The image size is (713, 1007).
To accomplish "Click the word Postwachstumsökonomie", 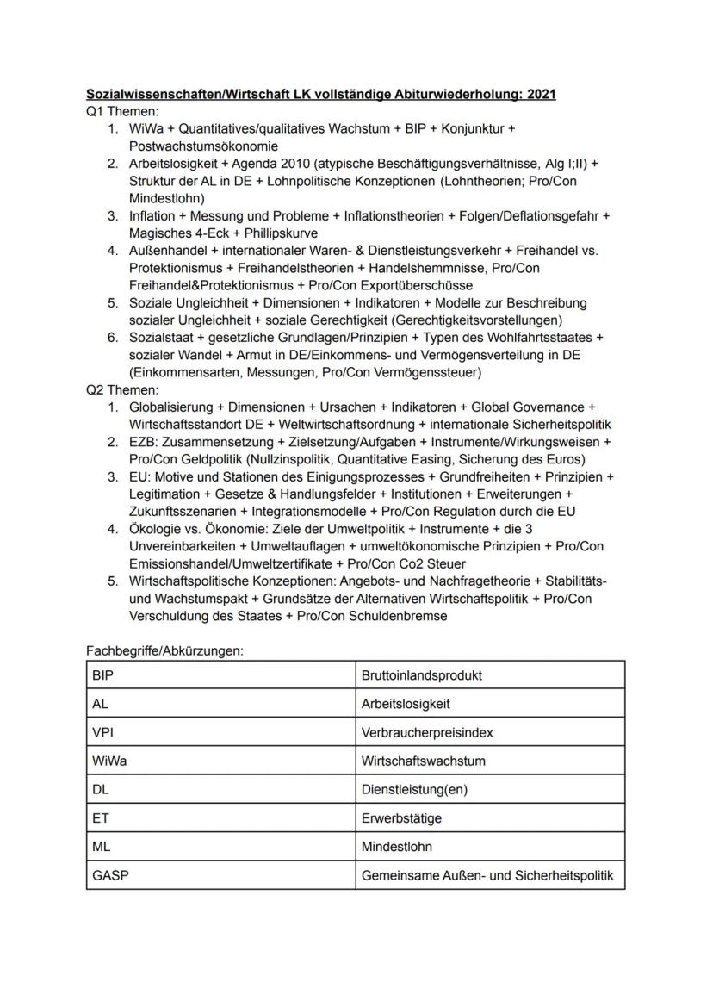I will pyautogui.click(x=197, y=146).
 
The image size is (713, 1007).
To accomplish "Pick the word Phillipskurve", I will pyautogui.click(x=268, y=233).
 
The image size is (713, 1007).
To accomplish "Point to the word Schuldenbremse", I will pyautogui.click(x=400, y=616).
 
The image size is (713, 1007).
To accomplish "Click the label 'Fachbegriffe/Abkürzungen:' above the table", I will pyautogui.click(x=165, y=651).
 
